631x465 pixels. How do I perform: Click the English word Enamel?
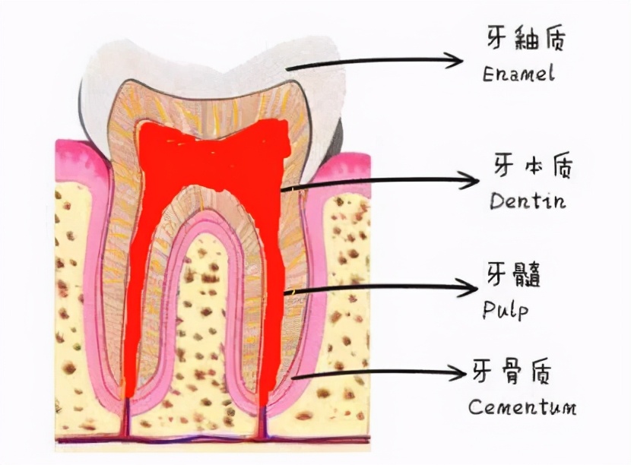click(x=518, y=74)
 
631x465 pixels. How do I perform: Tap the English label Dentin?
click(x=528, y=201)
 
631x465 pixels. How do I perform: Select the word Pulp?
click(x=505, y=309)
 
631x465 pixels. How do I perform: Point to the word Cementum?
click(x=522, y=406)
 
